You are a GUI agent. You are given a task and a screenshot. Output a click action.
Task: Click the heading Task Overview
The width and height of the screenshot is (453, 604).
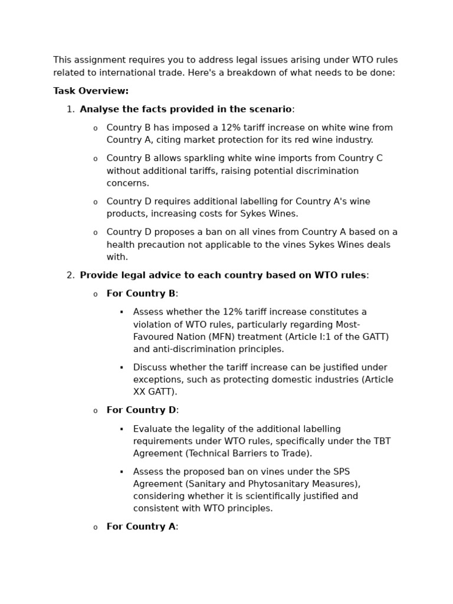tap(91, 91)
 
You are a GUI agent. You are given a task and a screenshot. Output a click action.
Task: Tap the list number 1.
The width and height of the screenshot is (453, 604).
tap(70, 109)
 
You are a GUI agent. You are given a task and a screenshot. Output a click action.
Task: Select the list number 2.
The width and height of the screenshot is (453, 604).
tap(70, 275)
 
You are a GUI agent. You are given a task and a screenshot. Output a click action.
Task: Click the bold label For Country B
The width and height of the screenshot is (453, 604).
tap(141, 293)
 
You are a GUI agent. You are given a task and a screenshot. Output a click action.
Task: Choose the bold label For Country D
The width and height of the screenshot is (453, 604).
tap(141, 410)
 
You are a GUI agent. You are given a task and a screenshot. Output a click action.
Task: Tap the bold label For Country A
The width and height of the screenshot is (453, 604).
tap(141, 527)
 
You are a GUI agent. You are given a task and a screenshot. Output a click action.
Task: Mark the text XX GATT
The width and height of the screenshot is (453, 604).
tap(155, 392)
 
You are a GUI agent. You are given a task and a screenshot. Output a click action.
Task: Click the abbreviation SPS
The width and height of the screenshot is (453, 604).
tap(342, 472)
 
